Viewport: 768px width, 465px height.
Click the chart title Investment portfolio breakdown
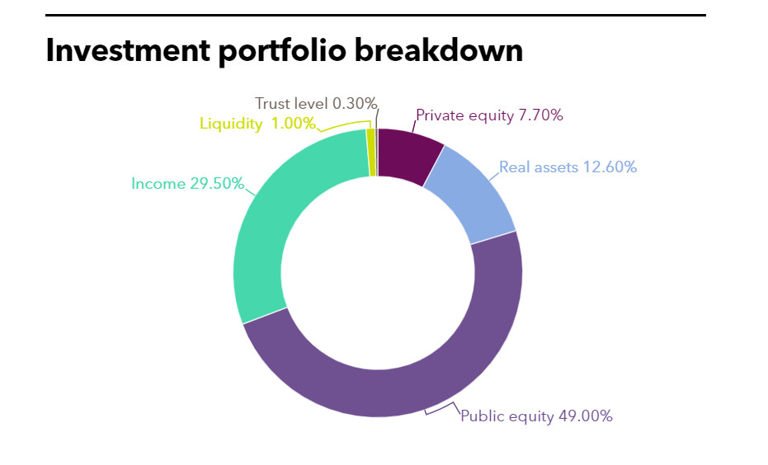[x=285, y=51]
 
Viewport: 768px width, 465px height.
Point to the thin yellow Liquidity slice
[x=371, y=153]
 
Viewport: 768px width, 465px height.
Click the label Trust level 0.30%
[x=316, y=104]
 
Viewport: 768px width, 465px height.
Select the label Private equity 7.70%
[x=489, y=115]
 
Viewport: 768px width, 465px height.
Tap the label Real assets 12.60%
[x=568, y=167]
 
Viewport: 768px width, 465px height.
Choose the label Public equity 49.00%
[x=536, y=416]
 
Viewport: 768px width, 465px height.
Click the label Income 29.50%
[x=187, y=184]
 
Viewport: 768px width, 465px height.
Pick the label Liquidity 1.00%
[x=257, y=124]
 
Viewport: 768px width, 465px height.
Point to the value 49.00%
[x=585, y=416]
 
